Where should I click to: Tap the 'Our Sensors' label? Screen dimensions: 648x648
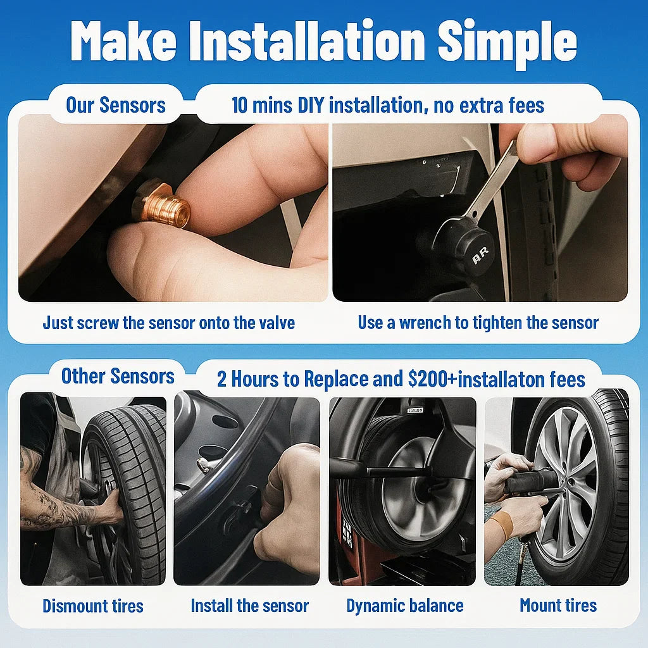[x=116, y=104]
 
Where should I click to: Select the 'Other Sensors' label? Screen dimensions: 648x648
[x=118, y=376]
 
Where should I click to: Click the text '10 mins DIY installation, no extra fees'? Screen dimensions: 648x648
[x=387, y=104]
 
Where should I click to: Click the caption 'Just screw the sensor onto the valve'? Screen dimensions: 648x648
[x=168, y=323]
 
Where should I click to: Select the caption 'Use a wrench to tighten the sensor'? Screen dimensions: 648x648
[x=478, y=323]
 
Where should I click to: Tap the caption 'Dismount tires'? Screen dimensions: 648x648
[x=93, y=606]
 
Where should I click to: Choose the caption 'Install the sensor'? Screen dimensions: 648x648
[x=249, y=606]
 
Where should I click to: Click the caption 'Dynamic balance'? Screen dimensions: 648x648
[x=405, y=606]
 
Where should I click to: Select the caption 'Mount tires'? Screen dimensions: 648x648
[x=558, y=606]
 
